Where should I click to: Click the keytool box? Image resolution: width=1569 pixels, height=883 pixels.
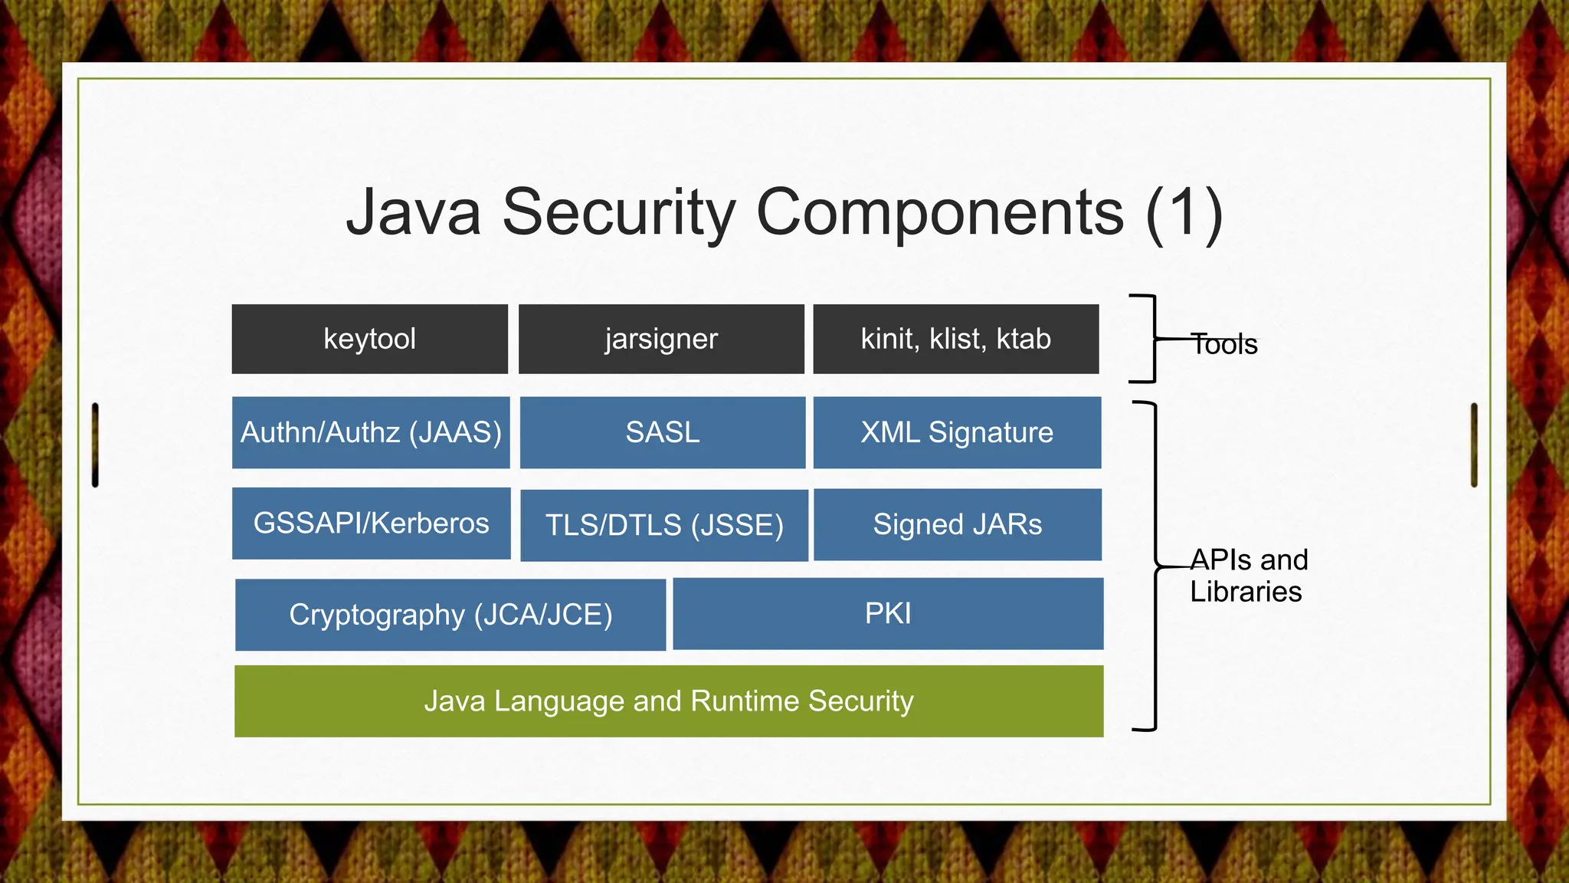pyautogui.click(x=370, y=339)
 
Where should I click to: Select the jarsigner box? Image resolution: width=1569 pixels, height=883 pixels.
pyautogui.click(x=661, y=339)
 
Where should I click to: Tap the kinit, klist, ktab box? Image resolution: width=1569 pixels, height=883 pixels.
pyautogui.click(x=955, y=339)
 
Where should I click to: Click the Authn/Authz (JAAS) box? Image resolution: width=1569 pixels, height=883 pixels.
pyautogui.click(x=371, y=432)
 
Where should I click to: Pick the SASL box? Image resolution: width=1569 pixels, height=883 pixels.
pyautogui.click(x=663, y=432)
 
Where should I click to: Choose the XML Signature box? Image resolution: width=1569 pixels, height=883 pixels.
pyautogui.click(x=957, y=432)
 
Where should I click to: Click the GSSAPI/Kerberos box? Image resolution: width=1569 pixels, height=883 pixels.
pyautogui.click(x=371, y=523)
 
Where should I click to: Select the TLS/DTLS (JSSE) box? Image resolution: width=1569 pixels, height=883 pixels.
pyautogui.click(x=664, y=525)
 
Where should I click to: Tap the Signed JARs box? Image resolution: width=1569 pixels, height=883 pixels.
pyautogui.click(x=958, y=524)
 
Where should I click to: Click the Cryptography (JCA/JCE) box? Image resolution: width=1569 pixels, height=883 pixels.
pyautogui.click(x=450, y=614)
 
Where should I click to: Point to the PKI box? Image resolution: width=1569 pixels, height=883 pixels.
pyautogui.click(x=888, y=613)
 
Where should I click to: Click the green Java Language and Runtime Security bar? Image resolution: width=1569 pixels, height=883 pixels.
pyautogui.click(x=669, y=701)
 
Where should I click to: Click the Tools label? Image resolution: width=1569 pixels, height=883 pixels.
pyautogui.click(x=1224, y=345)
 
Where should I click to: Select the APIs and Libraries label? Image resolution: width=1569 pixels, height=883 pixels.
pyautogui.click(x=1248, y=576)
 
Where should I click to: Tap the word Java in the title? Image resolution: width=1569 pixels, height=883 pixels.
pyautogui.click(x=414, y=212)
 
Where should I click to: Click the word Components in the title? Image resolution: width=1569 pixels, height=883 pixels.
pyautogui.click(x=940, y=212)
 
